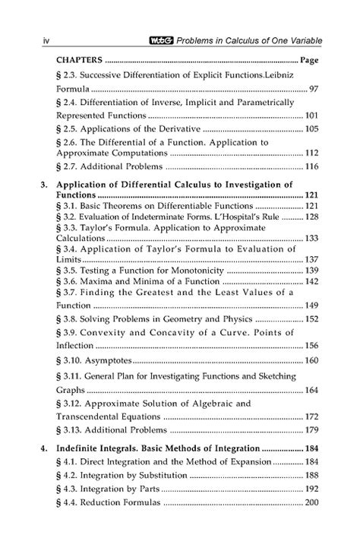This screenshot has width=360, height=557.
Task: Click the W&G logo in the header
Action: [162, 38]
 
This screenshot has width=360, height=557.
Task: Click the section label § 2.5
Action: [71, 128]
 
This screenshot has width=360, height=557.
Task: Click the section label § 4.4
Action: [71, 502]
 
